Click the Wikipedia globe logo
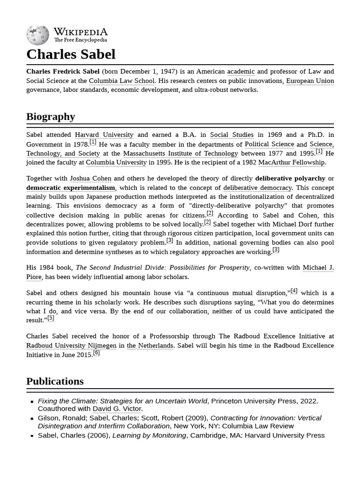(37, 35)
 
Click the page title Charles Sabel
(71, 54)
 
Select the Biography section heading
(51, 116)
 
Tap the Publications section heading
(55, 381)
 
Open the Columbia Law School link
(122, 81)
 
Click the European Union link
(310, 81)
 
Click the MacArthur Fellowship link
(291, 163)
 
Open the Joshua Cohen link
(90, 179)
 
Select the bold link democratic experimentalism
(71, 187)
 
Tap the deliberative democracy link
(257, 187)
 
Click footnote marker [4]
(294, 291)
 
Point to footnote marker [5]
(51, 318)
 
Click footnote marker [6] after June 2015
(96, 353)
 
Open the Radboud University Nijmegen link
(71, 345)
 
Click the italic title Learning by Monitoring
(149, 435)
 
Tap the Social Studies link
(232, 135)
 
